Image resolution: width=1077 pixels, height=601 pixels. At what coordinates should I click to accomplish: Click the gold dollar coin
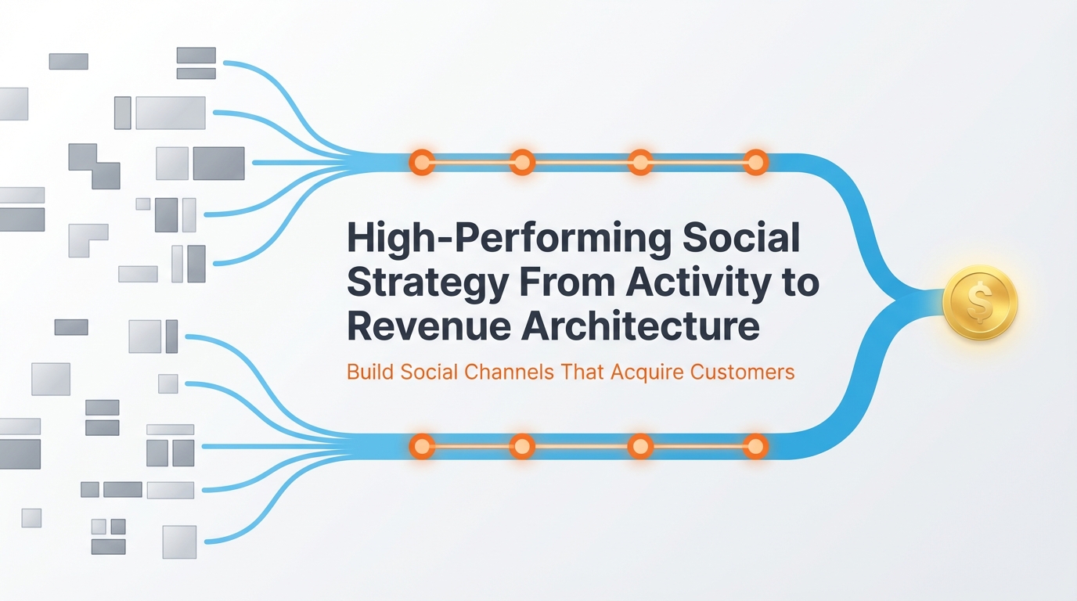[980, 302]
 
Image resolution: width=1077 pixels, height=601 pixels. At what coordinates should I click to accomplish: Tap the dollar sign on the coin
[979, 302]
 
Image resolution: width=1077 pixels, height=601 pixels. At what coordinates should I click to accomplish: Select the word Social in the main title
[742, 238]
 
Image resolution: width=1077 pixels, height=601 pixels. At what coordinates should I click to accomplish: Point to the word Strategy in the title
[427, 283]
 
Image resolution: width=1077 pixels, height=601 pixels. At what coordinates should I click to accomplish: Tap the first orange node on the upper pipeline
[422, 162]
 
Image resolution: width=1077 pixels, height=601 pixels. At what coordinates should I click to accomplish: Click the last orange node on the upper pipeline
[755, 162]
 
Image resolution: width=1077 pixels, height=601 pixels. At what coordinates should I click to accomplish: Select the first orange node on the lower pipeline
[422, 447]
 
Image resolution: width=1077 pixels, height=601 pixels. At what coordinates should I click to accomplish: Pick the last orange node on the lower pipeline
[755, 447]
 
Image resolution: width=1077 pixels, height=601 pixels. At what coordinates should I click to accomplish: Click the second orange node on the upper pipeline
[522, 162]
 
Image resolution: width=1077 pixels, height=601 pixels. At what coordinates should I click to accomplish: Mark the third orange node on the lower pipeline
[640, 447]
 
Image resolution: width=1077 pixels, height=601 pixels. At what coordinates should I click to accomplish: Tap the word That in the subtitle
[580, 372]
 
